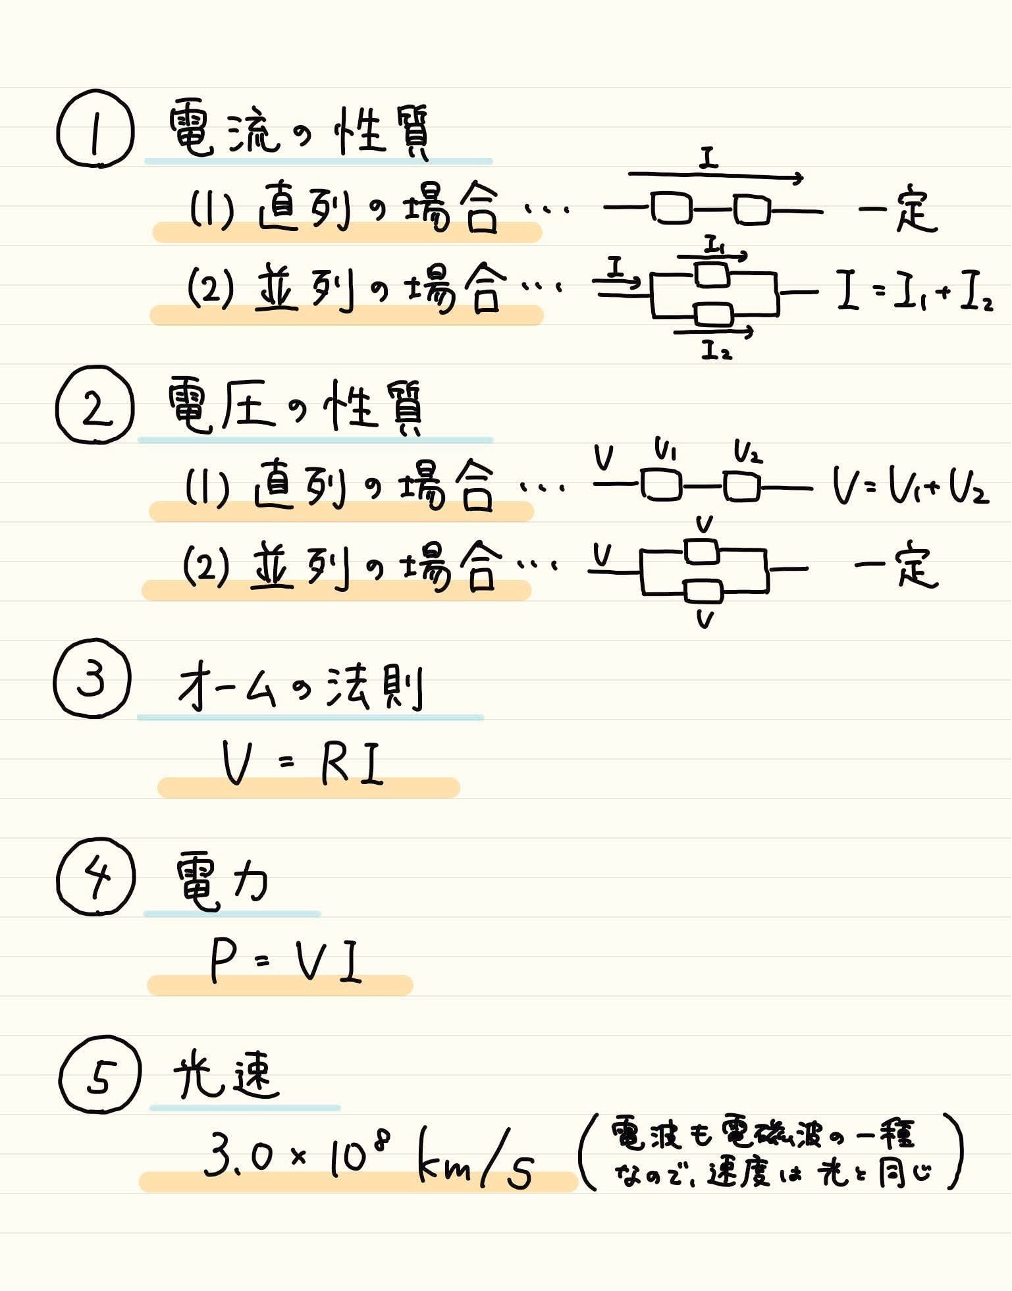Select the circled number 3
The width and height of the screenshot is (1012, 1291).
[92, 678]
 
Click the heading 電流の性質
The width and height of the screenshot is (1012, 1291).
[300, 132]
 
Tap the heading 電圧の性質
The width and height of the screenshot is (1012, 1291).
[296, 408]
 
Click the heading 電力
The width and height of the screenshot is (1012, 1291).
[222, 882]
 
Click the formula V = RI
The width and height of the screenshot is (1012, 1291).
[303, 764]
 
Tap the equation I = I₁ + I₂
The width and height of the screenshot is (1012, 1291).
[915, 294]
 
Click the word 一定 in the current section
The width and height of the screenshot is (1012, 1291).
[897, 211]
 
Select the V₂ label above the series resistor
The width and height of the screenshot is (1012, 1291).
[748, 452]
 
